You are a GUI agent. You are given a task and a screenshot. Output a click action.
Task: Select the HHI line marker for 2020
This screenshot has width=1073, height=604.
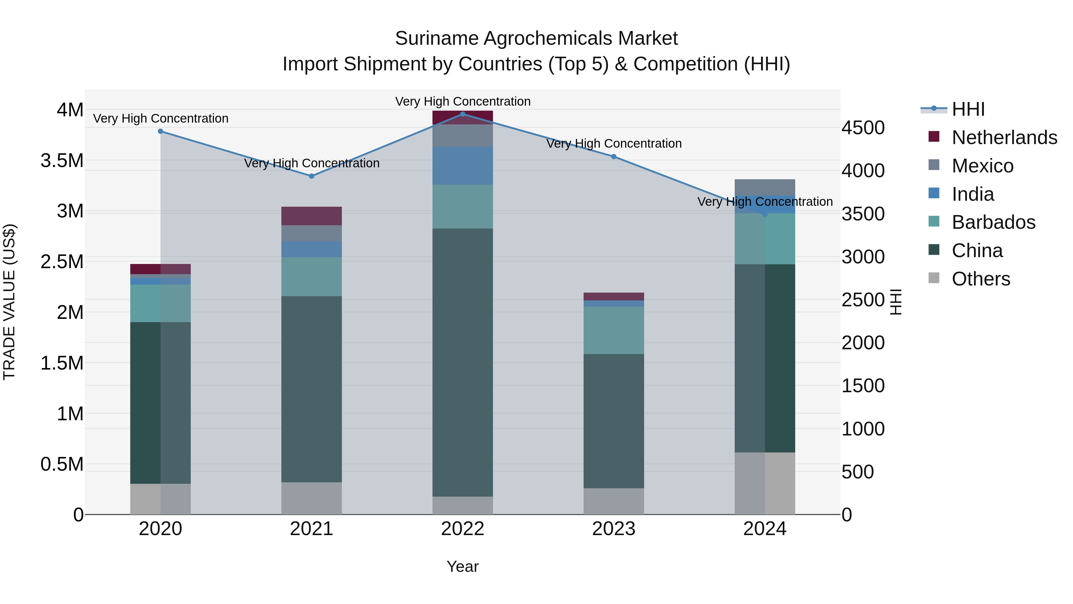(x=160, y=131)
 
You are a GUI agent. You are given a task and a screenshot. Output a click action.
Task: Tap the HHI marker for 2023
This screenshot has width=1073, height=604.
(x=614, y=157)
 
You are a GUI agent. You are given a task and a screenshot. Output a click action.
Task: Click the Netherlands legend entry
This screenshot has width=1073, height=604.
(x=1004, y=138)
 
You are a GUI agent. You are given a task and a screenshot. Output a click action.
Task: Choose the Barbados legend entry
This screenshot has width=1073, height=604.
(x=993, y=222)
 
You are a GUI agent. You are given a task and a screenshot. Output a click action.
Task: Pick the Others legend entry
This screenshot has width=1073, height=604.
(x=981, y=279)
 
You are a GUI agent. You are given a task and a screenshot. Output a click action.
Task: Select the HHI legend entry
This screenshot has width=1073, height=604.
(x=968, y=109)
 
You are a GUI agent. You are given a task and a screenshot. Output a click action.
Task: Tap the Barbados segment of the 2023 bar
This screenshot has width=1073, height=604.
(x=614, y=330)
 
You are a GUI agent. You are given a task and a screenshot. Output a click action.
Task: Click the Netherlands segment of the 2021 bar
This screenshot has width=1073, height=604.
(x=311, y=216)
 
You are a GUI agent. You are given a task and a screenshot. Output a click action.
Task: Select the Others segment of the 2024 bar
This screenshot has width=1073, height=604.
(x=765, y=483)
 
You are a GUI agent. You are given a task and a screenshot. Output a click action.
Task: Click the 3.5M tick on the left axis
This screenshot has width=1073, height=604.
(x=62, y=161)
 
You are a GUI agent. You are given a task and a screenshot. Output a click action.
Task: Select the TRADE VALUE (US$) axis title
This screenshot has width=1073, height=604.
(x=9, y=302)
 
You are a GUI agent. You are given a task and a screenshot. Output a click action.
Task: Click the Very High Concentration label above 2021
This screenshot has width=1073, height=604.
(x=311, y=163)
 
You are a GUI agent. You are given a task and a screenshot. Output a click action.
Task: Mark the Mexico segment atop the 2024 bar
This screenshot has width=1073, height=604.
(x=765, y=187)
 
